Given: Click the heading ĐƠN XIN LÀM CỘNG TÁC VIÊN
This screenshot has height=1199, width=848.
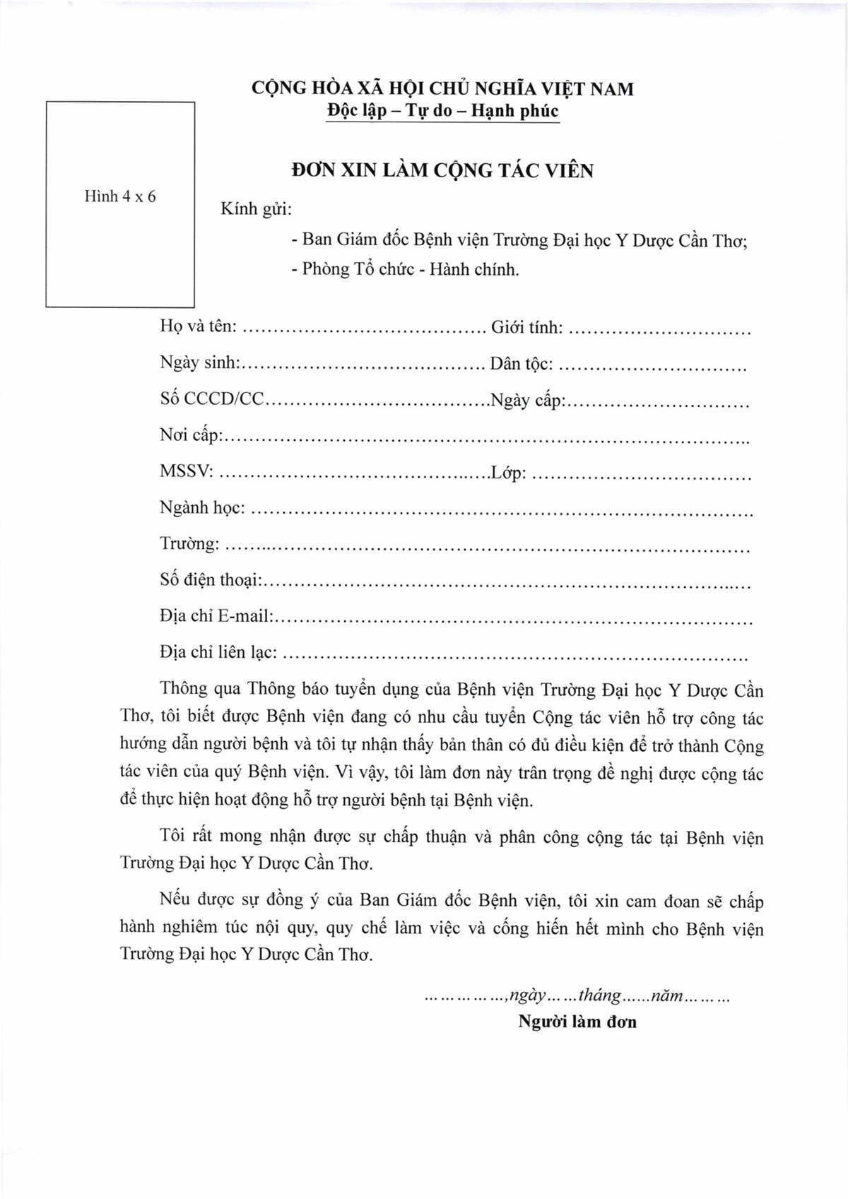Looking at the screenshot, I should point(442,171).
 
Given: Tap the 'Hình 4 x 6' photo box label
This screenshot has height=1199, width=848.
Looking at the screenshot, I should point(120,197).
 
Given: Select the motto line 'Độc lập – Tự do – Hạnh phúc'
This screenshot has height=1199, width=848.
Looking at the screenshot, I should point(442,112).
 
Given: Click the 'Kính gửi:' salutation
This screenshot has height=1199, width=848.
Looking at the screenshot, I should point(257,210).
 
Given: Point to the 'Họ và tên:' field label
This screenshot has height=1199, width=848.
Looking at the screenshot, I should point(199,327).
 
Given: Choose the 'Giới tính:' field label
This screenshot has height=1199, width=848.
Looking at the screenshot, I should point(527,328).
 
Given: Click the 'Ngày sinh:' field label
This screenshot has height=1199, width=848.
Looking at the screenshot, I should point(201,364).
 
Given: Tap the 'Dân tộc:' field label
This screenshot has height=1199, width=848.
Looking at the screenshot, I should point(522,365).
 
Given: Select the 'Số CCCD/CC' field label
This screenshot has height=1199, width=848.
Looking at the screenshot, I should point(211,399).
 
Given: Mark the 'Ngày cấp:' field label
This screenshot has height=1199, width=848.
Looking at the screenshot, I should point(527,401).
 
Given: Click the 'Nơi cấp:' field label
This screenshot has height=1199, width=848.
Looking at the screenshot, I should point(192,436).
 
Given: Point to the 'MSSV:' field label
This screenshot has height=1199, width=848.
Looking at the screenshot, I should point(187,471).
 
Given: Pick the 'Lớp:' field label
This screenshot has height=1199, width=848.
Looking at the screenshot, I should point(509,473).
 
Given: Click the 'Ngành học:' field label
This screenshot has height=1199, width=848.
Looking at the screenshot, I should point(203,508).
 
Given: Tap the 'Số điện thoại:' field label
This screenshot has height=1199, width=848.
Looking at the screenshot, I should point(211,581).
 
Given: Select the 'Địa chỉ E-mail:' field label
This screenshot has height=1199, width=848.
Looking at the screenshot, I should point(216,617).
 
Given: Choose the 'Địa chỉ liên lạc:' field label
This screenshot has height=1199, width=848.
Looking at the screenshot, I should point(218,653).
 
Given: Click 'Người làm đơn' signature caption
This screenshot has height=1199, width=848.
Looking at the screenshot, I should point(577,1022).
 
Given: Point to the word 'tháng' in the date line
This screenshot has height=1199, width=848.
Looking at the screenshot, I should point(600,996).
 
